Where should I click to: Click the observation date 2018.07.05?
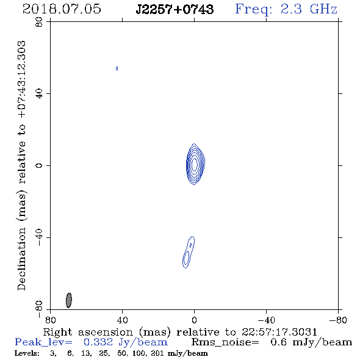click(x=62, y=9)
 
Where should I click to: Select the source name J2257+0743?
click(x=175, y=9)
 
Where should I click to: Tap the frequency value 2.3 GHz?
click(x=309, y=9)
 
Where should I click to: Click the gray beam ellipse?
click(x=69, y=300)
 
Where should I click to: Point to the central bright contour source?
click(x=195, y=164)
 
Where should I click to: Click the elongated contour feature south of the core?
click(x=189, y=252)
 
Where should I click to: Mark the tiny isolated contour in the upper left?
click(x=117, y=68)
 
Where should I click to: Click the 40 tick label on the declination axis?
click(x=39, y=94)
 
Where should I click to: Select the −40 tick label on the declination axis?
click(x=39, y=237)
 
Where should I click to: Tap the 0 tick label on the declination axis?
click(x=39, y=165)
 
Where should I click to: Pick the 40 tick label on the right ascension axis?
click(x=122, y=320)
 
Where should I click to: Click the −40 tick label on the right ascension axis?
click(x=266, y=320)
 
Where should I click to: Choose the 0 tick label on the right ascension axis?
click(x=194, y=320)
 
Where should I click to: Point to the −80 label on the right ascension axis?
click(x=338, y=320)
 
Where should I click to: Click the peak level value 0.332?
click(x=98, y=342)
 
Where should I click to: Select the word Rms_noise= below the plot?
click(x=225, y=342)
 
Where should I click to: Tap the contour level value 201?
click(x=158, y=353)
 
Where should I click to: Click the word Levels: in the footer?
click(x=27, y=353)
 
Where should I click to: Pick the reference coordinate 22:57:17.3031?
click(x=279, y=332)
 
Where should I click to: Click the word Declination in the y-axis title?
click(x=21, y=259)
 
